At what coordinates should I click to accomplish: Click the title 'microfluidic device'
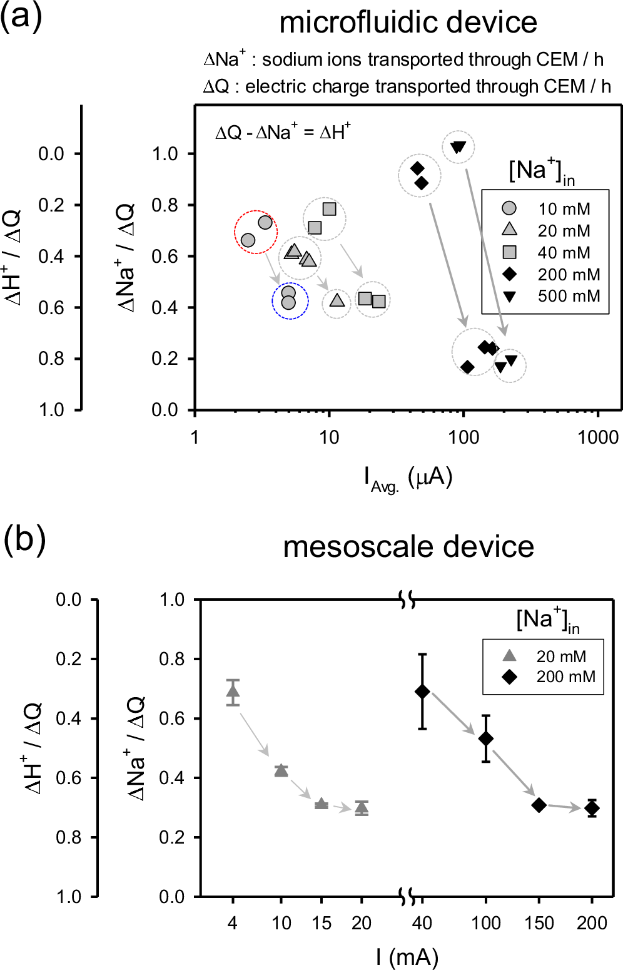408,23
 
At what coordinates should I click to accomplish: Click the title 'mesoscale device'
408,546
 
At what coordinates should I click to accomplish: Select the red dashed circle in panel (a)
256,232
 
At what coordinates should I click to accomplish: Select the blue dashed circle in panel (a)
290,301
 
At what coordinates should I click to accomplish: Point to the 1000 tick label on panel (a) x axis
598,437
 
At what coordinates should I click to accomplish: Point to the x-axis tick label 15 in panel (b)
322,923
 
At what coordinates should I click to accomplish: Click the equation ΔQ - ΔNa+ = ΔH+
283,132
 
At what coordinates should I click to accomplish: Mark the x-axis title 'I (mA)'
407,957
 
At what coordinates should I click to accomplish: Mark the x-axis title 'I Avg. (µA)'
408,479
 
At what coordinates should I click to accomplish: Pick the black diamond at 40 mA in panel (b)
422,691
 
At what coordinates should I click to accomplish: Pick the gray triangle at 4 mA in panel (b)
233,692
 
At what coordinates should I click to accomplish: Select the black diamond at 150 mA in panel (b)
539,805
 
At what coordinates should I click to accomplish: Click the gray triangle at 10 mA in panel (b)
281,770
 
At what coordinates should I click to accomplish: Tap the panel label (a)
21,16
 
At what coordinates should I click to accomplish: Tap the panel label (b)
24,539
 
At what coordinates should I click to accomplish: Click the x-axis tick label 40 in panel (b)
422,923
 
